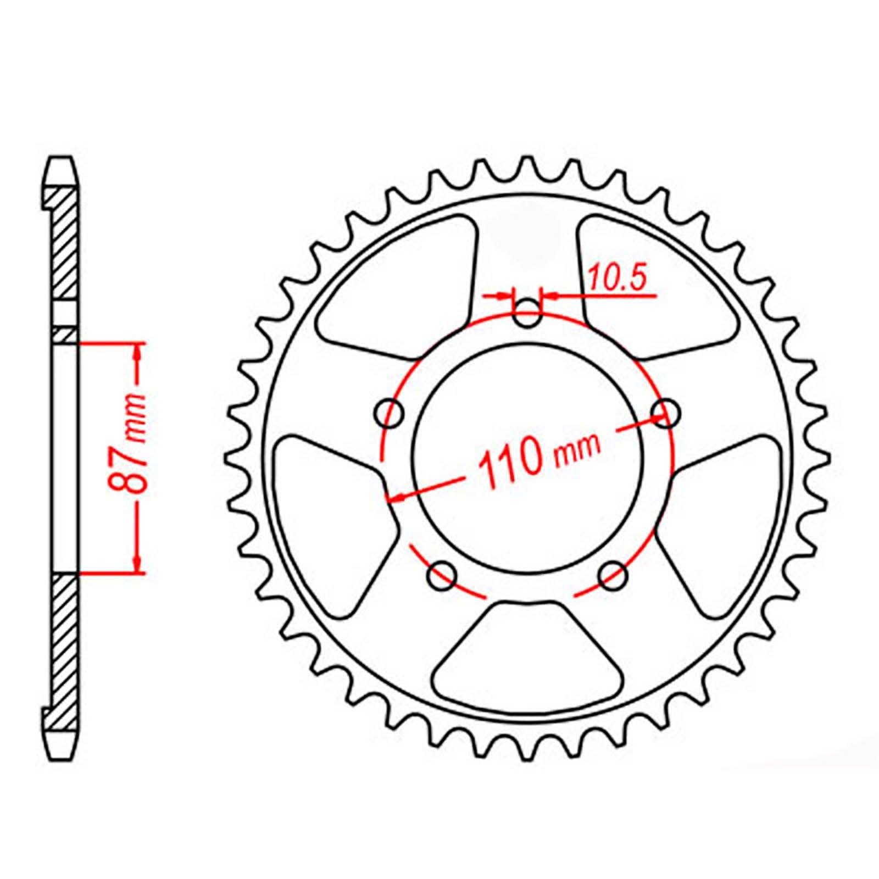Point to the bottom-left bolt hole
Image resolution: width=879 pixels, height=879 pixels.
click(442, 575)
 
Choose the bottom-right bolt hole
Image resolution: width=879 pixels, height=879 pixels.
click(613, 575)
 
